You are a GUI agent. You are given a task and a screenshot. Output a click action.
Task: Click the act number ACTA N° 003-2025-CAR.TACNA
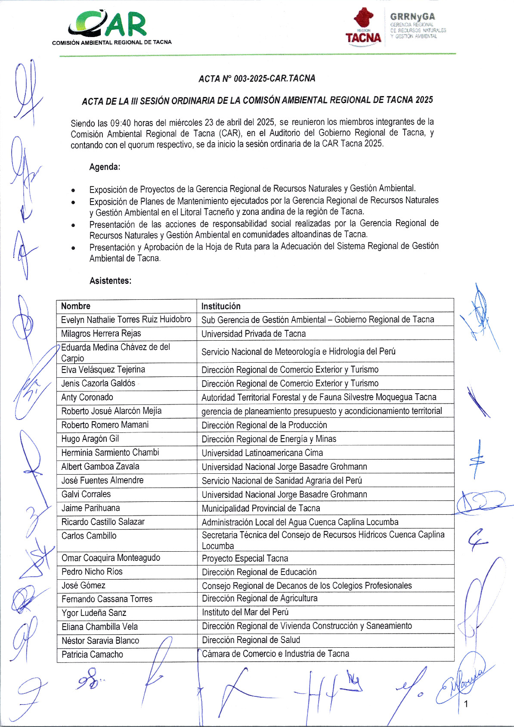coord(257,78)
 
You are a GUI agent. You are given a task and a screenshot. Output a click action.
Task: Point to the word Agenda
coord(105,167)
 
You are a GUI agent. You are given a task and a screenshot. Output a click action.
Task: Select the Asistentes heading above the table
coord(110,281)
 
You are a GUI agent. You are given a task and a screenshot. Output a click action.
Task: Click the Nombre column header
coord(76,306)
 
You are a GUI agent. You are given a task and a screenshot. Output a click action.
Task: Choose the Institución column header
coord(221,306)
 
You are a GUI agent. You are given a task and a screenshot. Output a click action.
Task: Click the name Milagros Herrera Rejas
coord(101,333)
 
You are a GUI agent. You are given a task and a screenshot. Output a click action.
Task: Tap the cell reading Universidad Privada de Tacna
coord(254,334)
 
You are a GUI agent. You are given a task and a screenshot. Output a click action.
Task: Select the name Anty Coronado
coord(87,397)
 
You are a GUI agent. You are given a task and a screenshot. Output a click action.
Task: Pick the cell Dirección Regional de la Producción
coord(264,425)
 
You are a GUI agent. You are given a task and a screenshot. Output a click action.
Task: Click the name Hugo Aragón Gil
coord(90,439)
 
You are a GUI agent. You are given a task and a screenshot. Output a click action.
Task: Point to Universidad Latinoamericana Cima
coord(262,453)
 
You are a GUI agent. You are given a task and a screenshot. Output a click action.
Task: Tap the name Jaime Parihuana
coord(90,508)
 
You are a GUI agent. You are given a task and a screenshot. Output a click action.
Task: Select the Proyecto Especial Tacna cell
coord(245,559)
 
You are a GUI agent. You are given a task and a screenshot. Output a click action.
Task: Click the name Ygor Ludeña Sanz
coord(94,613)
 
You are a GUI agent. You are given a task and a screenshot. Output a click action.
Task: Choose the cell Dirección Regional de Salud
coord(251,640)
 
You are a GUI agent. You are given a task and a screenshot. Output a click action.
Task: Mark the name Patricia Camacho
coord(92,655)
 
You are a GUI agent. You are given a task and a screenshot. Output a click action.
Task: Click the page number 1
coord(466,704)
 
